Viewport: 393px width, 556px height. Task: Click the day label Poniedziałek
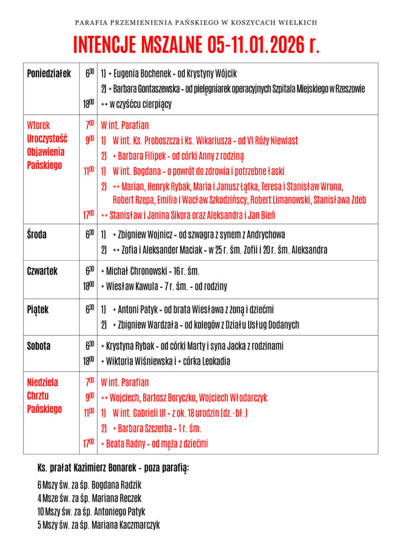click(49, 74)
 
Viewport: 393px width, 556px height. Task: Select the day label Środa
click(36, 235)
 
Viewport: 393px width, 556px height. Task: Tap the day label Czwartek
click(42, 271)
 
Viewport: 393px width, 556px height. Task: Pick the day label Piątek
click(37, 309)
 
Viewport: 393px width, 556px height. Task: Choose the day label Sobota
click(39, 346)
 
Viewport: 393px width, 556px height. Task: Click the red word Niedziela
click(42, 382)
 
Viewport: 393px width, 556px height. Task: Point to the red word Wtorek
click(38, 125)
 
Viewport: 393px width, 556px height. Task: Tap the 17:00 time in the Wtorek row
click(88, 215)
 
